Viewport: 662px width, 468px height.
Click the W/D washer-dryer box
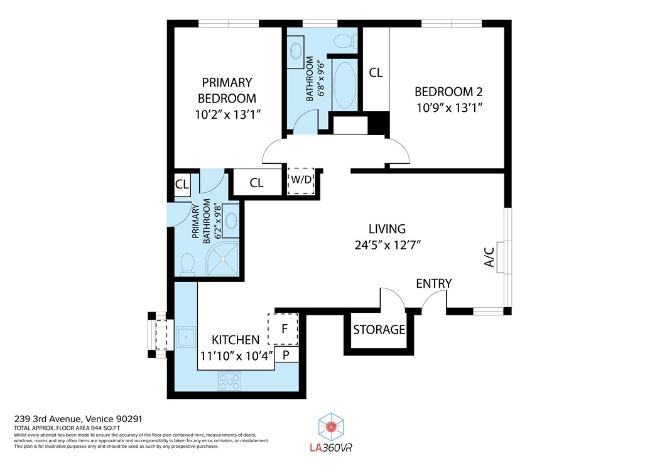click(301, 181)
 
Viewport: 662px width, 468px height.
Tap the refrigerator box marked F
click(283, 329)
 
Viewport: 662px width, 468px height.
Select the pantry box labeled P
click(286, 355)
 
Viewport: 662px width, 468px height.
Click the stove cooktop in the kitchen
click(230, 381)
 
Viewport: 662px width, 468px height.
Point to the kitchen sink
click(185, 337)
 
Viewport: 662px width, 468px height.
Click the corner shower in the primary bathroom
click(224, 258)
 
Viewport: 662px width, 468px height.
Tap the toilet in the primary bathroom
click(187, 264)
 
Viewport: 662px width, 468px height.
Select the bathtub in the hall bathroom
click(345, 84)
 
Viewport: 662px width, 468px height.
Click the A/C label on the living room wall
click(489, 257)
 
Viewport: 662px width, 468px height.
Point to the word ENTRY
click(433, 283)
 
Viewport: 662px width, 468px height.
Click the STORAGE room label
click(379, 329)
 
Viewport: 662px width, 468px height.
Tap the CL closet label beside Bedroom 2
click(376, 73)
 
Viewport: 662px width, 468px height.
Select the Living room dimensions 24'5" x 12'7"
click(388, 245)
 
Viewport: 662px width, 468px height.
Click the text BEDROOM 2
click(448, 92)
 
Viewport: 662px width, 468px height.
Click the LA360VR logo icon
click(331, 427)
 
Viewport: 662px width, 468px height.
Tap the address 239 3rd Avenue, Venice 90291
click(78, 419)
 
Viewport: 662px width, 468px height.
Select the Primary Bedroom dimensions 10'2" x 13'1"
click(227, 114)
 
